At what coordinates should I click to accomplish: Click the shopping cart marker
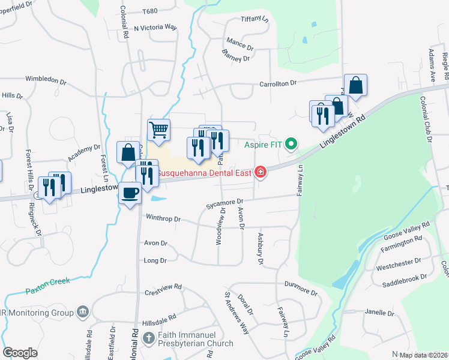pos(158,130)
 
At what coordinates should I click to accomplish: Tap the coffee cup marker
pos(130,193)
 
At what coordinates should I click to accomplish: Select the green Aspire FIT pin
pos(292,144)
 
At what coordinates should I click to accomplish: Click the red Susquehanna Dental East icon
pos(260,173)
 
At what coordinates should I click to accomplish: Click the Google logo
pos(20,353)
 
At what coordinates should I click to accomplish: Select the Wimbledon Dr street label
pos(46,80)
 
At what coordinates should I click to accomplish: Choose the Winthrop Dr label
pos(163,219)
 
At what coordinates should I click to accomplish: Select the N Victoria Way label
pos(155,28)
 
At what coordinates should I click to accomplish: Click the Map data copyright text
pos(424,355)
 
